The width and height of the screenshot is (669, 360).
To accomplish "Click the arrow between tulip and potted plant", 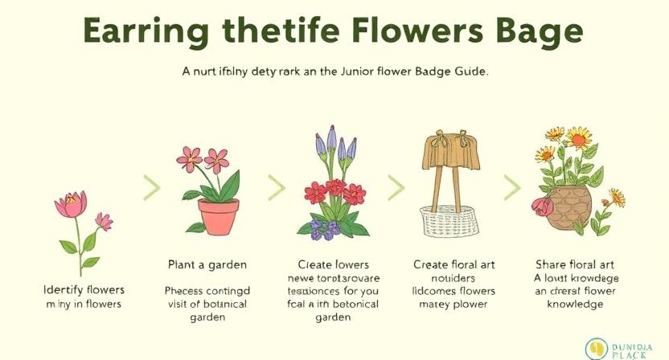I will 151,188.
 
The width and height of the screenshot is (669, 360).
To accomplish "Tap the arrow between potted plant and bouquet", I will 277,188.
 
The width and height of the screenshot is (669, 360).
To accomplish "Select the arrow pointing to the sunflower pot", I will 511,188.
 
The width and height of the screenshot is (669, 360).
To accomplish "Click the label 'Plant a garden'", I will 207,264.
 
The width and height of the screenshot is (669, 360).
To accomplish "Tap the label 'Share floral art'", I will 569,264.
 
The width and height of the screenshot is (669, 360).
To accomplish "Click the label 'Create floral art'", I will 454,264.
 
